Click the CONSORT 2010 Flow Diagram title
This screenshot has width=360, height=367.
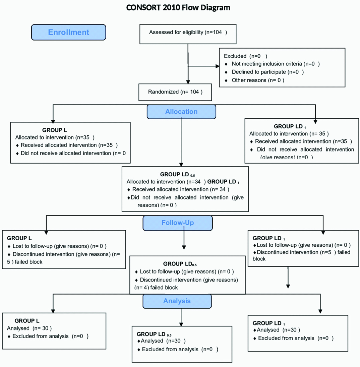pos(178,7)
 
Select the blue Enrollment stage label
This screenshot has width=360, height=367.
pos(69,32)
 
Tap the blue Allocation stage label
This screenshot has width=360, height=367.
pos(181,112)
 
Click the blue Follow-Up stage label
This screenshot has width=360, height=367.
pos(177,223)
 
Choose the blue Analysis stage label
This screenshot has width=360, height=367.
pos(177,301)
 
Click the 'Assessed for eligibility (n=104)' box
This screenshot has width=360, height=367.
pos(188,32)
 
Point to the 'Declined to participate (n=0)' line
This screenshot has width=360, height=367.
pos(267,72)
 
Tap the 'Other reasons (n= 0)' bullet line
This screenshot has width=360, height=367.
pos(258,80)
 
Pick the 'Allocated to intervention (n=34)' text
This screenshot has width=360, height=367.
pos(166,182)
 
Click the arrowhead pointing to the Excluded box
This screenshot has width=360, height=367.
pos(216,66)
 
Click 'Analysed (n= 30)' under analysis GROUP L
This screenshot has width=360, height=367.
pos(29,328)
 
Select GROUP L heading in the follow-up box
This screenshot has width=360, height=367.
pos(19,238)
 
